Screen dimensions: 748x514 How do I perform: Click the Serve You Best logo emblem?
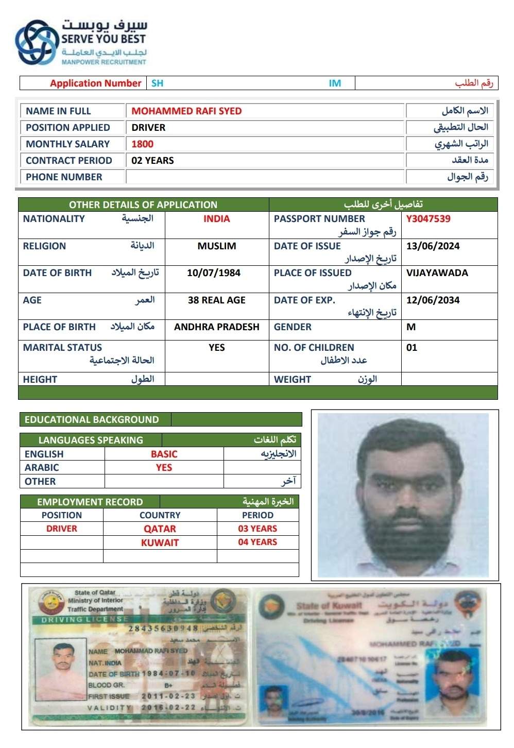(x=37, y=42)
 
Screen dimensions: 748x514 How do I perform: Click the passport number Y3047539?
(x=428, y=219)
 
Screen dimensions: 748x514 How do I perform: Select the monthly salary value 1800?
(x=142, y=144)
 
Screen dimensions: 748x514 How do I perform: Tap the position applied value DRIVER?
(x=148, y=128)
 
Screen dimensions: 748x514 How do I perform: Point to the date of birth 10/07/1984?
(x=214, y=273)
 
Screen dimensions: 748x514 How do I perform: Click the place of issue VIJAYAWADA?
(x=437, y=273)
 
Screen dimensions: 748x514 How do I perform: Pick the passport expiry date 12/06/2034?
(x=433, y=300)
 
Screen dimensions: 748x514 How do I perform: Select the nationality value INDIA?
(x=216, y=219)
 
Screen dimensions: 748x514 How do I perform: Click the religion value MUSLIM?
(x=217, y=246)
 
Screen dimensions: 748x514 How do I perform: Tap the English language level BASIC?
(x=164, y=454)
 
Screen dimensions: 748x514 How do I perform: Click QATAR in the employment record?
(x=160, y=529)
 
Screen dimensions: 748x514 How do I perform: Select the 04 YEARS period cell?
(x=258, y=542)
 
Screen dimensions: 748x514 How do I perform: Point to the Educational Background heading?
(x=92, y=420)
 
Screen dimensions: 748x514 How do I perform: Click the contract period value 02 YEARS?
(x=152, y=161)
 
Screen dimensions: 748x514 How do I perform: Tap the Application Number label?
(x=95, y=83)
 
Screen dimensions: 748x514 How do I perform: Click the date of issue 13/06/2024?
(x=433, y=246)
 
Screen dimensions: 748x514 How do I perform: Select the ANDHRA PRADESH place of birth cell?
(x=217, y=327)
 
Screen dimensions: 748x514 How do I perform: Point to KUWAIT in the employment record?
(x=160, y=543)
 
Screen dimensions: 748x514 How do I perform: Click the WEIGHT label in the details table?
(x=293, y=380)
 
